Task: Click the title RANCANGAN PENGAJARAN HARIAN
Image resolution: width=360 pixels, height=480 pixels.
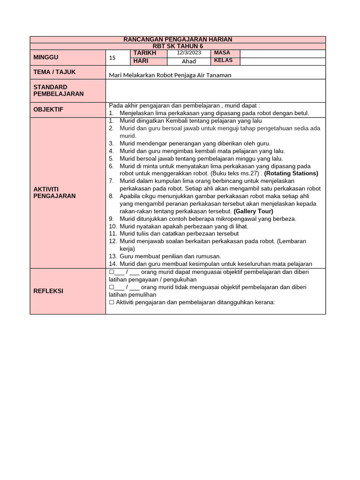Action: tap(178, 39)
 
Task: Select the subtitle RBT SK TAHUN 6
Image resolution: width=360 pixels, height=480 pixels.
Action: tap(178, 46)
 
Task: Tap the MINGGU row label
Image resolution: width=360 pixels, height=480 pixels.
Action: tap(46, 57)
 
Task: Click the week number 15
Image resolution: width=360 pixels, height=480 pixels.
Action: tap(112, 58)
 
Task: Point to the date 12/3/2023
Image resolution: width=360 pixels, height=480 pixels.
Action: tap(189, 53)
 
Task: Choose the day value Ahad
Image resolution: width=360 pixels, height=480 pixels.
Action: tap(189, 61)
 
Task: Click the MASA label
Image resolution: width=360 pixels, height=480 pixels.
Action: tap(222, 53)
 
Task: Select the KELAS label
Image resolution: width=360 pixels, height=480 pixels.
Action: tap(223, 61)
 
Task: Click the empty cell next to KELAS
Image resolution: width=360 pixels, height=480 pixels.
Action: tap(282, 61)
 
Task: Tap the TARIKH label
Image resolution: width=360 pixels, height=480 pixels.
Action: tap(144, 53)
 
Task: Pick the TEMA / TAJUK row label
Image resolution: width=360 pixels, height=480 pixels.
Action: tap(54, 72)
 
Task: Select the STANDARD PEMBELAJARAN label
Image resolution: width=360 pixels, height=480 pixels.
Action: tap(59, 90)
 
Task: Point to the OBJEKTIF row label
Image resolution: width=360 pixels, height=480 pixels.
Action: tap(48, 109)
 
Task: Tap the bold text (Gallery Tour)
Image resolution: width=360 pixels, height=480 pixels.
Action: tap(253, 211)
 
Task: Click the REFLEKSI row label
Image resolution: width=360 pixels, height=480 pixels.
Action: tap(48, 291)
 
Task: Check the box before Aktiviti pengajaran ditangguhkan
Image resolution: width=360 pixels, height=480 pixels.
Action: tap(112, 302)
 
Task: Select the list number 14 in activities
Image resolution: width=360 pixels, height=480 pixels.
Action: tap(112, 264)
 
